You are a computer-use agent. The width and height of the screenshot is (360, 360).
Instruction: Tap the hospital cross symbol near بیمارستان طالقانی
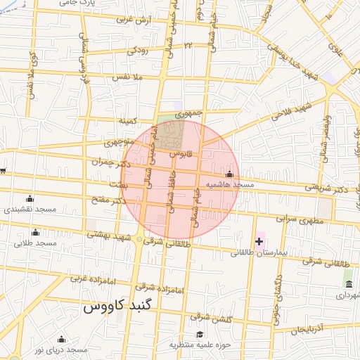tap(259, 242)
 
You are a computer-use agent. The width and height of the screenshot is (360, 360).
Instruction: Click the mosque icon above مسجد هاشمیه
tap(229, 174)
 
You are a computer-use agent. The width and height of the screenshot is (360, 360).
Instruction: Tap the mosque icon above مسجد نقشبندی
tap(29, 198)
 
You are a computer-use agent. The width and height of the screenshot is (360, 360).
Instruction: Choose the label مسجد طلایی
tap(34, 243)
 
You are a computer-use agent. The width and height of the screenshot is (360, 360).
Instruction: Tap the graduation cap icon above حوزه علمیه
tap(200, 334)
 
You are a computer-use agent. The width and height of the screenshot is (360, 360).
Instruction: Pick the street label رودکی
tap(138, 51)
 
